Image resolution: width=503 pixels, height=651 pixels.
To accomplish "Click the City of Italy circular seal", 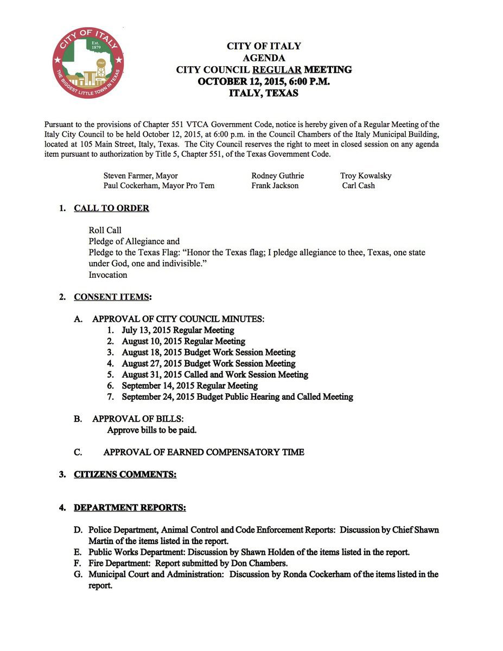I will coord(88,62).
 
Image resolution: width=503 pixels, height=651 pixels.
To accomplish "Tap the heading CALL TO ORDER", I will coord(111,208).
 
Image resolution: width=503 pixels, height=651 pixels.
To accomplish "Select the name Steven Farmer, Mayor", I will coord(141,176).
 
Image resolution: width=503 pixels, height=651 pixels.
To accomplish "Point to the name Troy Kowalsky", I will coord(366,176).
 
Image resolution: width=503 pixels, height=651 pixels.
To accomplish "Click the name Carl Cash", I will coord(358,186).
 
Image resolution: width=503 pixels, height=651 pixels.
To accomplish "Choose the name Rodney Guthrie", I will coord(278,176).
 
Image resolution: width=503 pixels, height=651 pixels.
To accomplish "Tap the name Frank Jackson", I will coord(275,186).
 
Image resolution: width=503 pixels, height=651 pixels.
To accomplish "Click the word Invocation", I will coord(108,275).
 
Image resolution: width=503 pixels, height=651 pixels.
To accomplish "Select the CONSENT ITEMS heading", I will coord(112,297).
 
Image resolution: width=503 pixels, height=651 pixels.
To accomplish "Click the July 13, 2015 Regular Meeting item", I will coord(178,330).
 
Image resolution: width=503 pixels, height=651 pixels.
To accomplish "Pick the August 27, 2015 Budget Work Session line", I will coord(208,363).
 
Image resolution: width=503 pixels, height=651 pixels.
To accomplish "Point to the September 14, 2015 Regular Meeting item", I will coord(189,386).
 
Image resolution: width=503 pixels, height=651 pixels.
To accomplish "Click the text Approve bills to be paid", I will coord(152,430).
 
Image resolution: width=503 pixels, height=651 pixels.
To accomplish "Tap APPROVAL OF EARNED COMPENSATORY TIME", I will coord(203,452).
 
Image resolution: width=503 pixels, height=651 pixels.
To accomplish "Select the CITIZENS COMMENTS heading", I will coord(125,474).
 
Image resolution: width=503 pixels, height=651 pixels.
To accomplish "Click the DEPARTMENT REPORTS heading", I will coord(130,508).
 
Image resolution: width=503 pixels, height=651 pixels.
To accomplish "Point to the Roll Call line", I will coord(105,231).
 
